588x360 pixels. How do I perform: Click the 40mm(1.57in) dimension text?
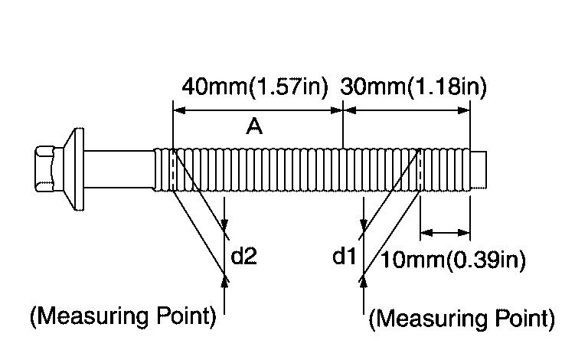coord(254,87)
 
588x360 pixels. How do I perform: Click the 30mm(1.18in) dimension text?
coord(413,87)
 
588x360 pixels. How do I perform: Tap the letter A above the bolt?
coord(255,128)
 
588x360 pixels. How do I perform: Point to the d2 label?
coord(243,257)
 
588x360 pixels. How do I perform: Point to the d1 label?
coord(345,257)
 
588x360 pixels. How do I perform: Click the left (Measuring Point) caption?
coord(122,316)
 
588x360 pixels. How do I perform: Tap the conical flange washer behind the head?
coord(73,169)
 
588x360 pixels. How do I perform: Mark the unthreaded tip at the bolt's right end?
coord(479,169)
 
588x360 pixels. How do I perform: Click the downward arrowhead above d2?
coord(225,225)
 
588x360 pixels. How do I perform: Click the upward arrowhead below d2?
coord(225,280)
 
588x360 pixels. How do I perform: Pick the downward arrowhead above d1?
coord(363,225)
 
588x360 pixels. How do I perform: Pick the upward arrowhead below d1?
coord(363,280)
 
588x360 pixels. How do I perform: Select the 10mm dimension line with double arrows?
coord(445,231)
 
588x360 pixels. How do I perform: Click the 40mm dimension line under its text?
coord(258,110)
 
